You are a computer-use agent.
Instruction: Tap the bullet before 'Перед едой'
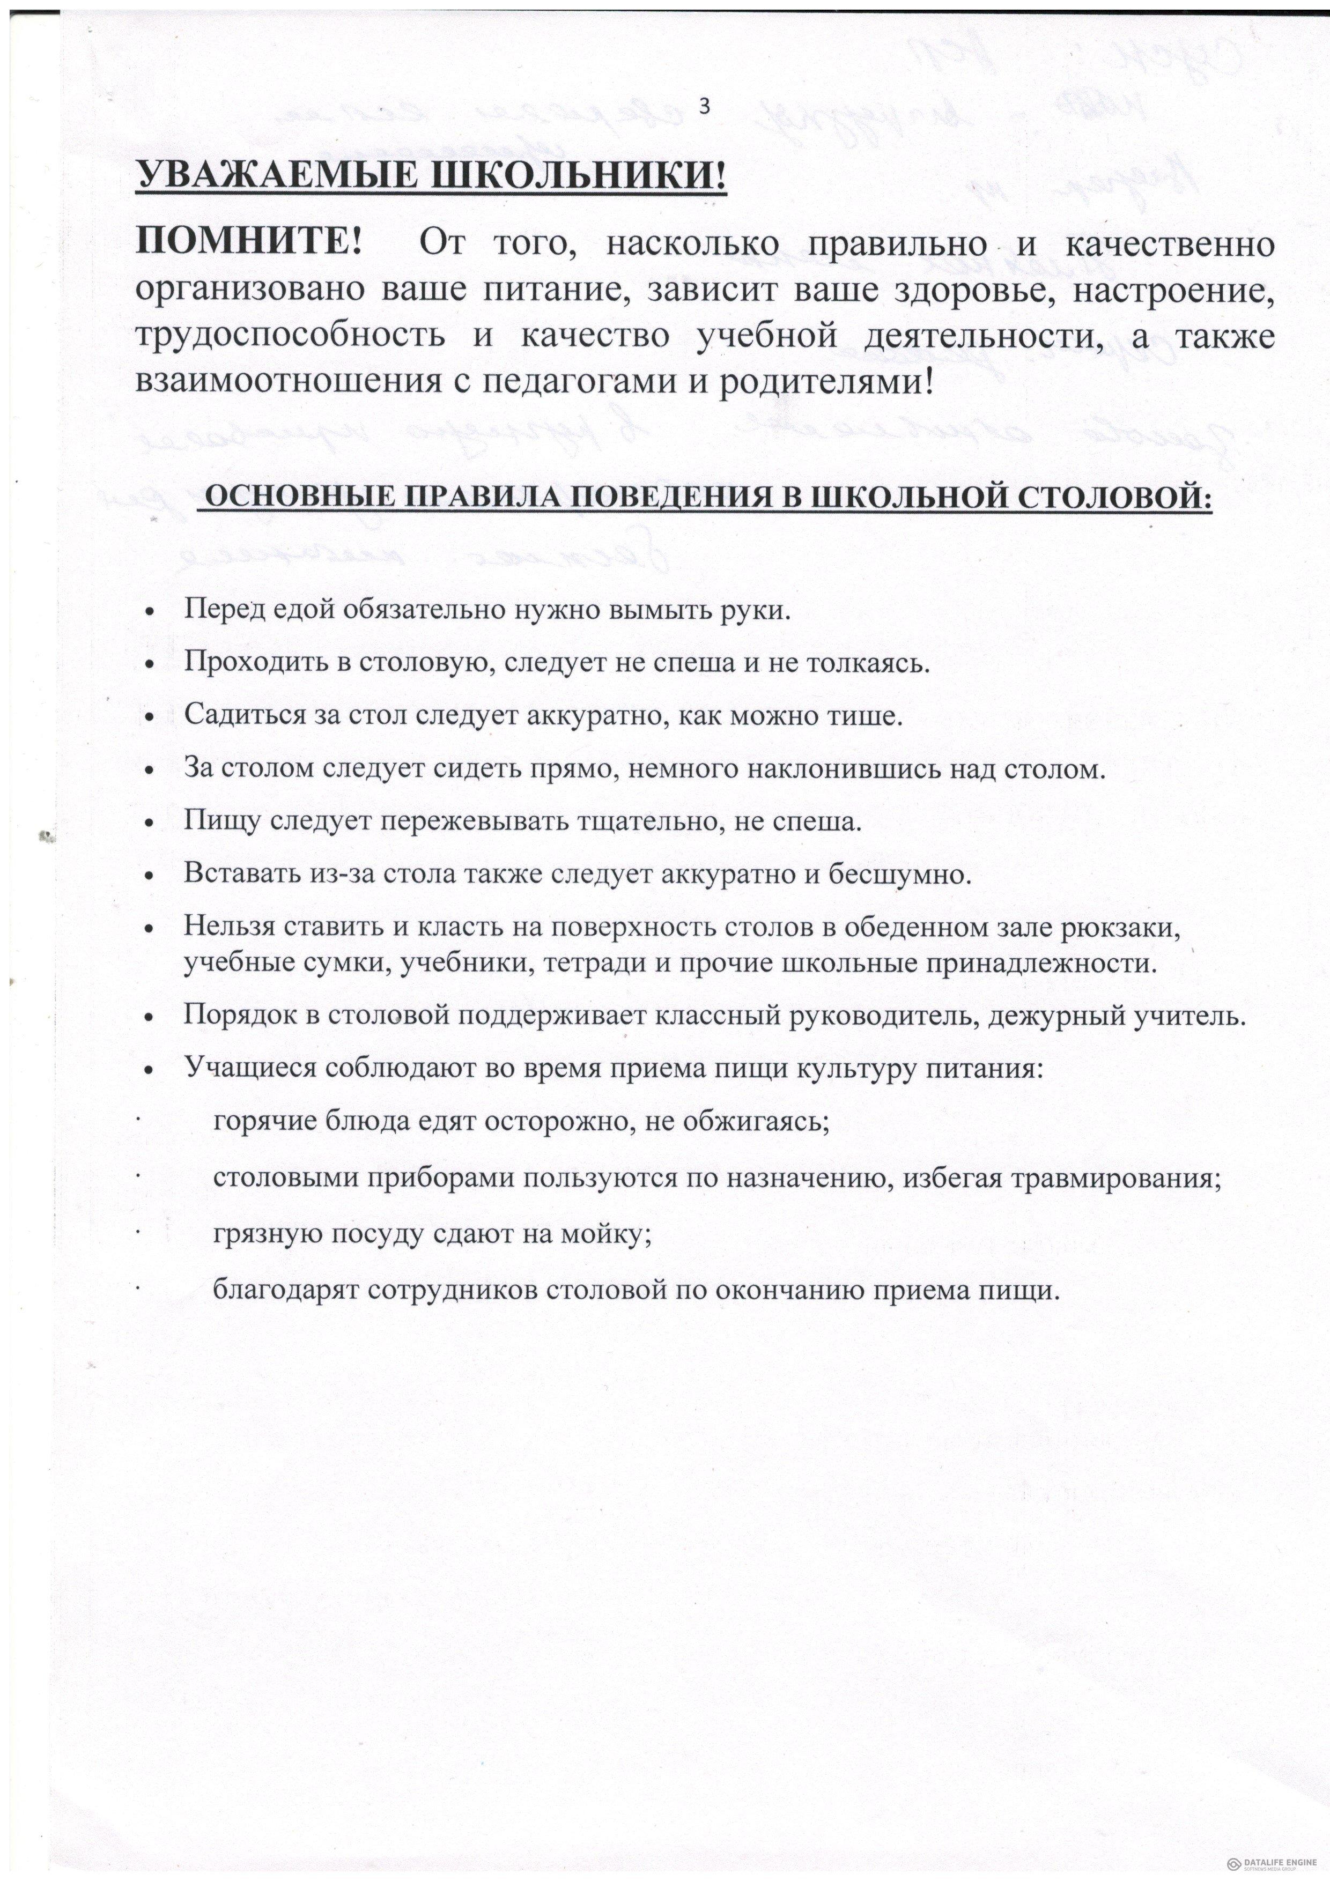point(149,612)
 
